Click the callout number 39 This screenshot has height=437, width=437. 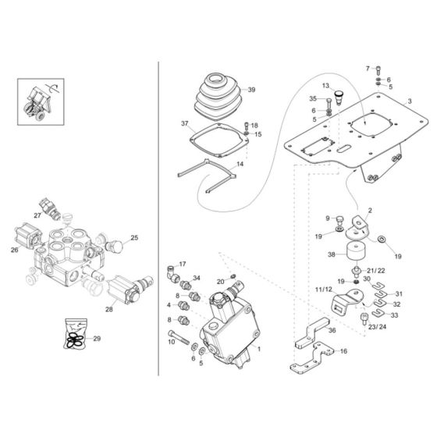point(253,90)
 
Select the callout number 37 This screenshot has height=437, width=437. point(185,124)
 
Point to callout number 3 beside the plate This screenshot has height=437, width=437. point(409,101)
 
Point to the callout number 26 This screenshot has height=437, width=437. point(14,250)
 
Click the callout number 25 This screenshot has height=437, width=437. point(133,237)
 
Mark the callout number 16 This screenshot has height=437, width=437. point(343,352)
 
